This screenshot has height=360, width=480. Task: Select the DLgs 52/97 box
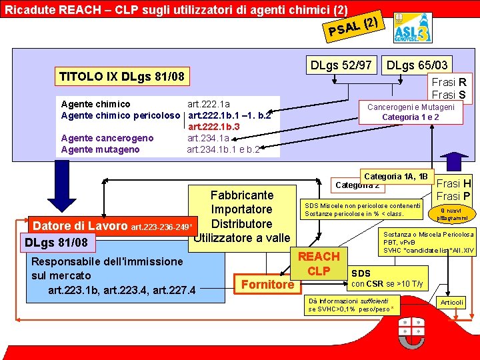[x=341, y=65]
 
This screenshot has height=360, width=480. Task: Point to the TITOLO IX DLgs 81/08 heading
[x=122, y=76]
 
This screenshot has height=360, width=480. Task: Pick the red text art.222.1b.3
[x=213, y=127]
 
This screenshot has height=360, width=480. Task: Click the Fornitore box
[x=267, y=284]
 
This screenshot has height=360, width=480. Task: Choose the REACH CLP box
[x=319, y=263]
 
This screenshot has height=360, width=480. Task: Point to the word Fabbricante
[x=241, y=195]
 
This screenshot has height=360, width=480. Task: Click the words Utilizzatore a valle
[x=242, y=238]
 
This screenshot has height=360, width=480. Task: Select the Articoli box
[x=452, y=302]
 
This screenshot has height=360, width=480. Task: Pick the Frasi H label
[x=453, y=184]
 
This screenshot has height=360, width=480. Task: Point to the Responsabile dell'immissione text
[x=97, y=261]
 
